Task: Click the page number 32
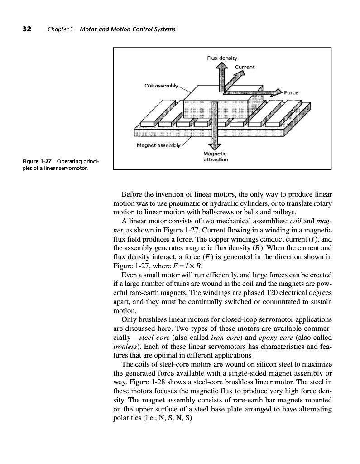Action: click(x=27, y=29)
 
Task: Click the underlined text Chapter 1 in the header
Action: click(x=61, y=30)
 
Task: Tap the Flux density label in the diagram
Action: click(x=222, y=58)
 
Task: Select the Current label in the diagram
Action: click(x=245, y=67)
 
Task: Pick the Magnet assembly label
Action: click(x=158, y=145)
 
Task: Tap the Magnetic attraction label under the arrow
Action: click(x=216, y=157)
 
